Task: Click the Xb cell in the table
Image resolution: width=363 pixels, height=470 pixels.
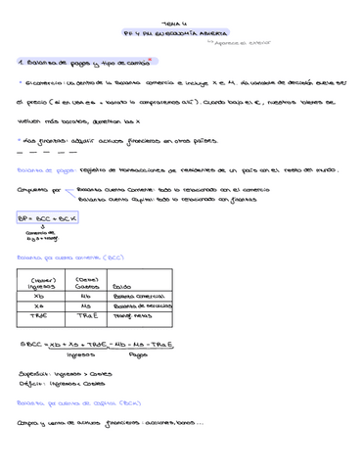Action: coord(39,295)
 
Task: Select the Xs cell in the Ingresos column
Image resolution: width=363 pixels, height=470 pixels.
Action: coord(39,306)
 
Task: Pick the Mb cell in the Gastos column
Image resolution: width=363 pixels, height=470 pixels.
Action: coord(86,295)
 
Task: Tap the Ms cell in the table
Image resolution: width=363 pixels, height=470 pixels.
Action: coord(86,306)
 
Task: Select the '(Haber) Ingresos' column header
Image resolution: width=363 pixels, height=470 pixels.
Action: coord(39,281)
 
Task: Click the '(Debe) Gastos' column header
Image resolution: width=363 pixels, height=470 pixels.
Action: coord(86,281)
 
